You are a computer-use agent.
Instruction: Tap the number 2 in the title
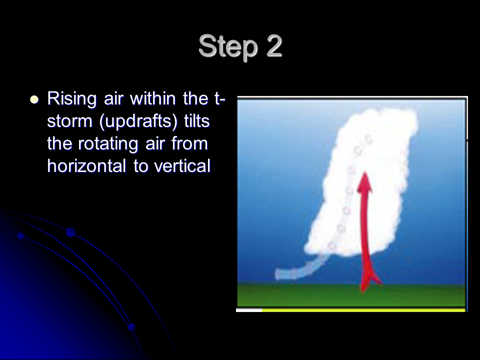tap(274, 45)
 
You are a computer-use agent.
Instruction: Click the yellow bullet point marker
tap(34, 100)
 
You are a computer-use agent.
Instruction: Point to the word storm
tap(69, 121)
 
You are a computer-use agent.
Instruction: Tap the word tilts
tap(197, 121)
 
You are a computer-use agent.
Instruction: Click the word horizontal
tap(86, 166)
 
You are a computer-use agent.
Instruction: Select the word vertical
tap(182, 166)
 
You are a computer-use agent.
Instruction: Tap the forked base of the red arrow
tap(369, 281)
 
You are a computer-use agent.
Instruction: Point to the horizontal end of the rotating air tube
tap(278, 274)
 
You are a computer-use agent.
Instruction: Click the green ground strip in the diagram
tap(351, 295)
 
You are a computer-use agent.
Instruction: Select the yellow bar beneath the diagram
tap(363, 310)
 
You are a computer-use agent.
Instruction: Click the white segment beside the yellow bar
tap(249, 310)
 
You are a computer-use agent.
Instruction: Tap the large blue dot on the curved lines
tap(70, 232)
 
